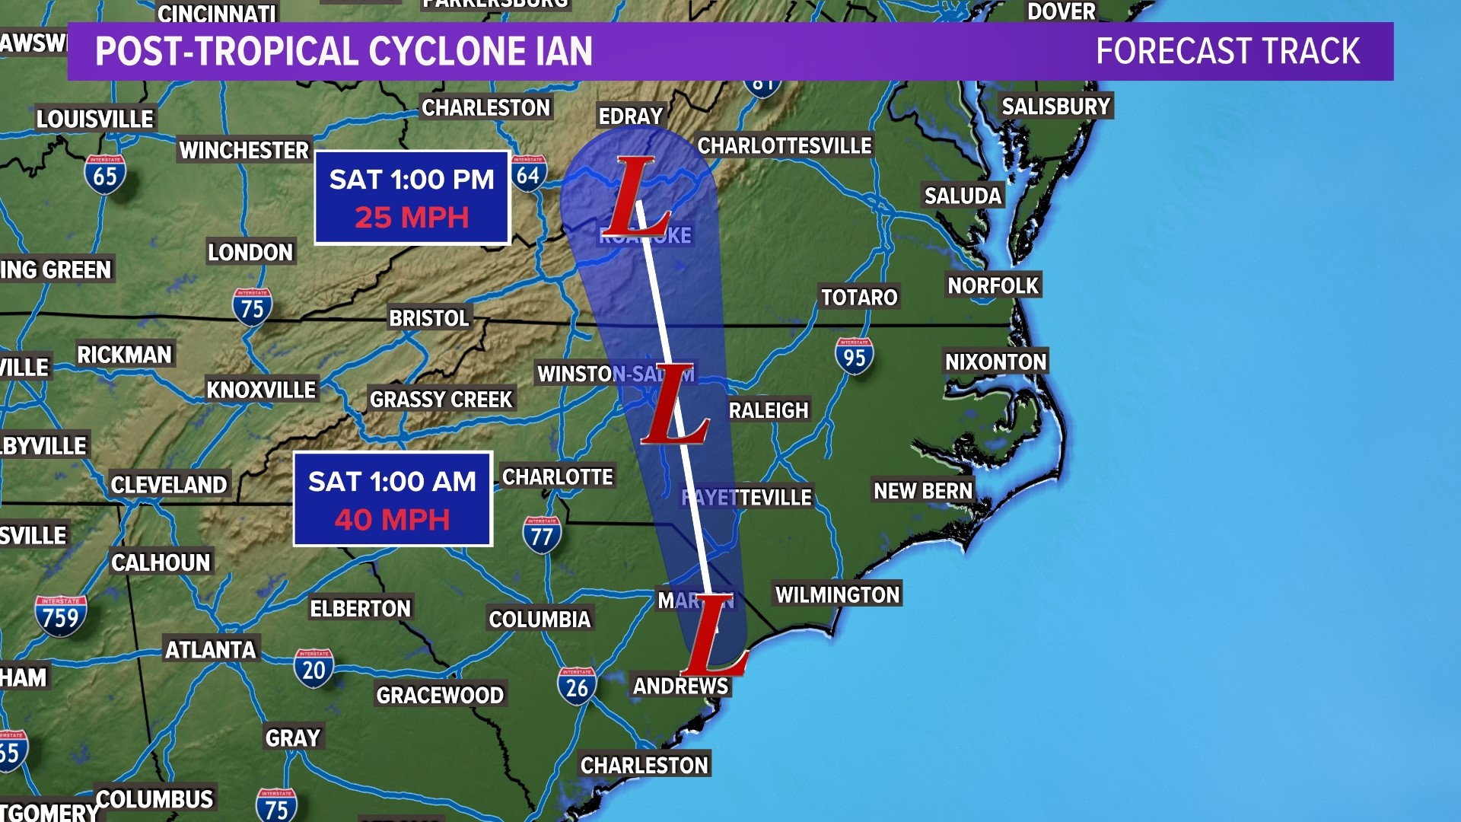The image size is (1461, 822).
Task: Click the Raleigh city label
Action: click(x=769, y=411)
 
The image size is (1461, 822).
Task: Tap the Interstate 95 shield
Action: click(x=854, y=355)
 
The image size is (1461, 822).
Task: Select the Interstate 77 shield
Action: click(x=542, y=534)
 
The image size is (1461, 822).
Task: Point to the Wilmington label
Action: click(x=837, y=594)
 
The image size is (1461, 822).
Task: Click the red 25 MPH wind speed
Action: click(x=412, y=218)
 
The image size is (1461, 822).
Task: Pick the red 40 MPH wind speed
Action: click(x=393, y=520)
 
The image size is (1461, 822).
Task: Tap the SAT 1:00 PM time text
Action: click(x=412, y=180)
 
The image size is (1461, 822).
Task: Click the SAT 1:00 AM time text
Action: click(x=393, y=482)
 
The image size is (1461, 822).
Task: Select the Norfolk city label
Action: click(x=993, y=285)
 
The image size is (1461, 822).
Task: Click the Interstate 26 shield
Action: click(x=577, y=686)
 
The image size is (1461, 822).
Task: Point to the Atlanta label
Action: click(x=211, y=650)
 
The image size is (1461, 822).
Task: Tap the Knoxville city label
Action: click(x=261, y=390)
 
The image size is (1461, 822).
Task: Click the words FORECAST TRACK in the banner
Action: click(x=1227, y=52)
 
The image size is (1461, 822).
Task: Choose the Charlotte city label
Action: click(x=558, y=477)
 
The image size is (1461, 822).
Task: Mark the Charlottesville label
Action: click(x=785, y=145)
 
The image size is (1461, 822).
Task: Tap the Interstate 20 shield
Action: click(x=314, y=668)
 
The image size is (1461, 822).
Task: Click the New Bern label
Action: click(x=923, y=491)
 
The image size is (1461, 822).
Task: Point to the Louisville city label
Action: click(x=95, y=119)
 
